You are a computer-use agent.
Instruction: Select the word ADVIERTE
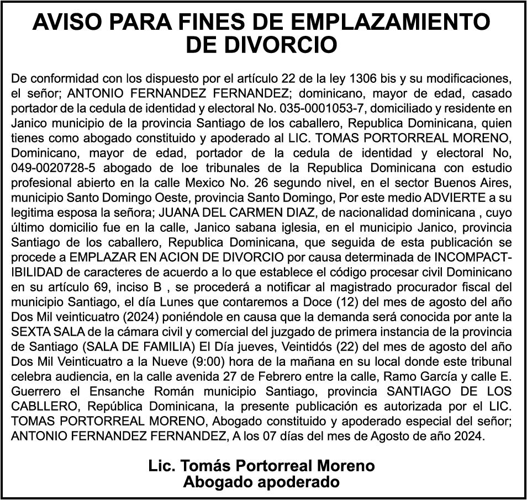point(436,197)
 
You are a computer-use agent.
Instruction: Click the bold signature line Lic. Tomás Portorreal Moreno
point(262,465)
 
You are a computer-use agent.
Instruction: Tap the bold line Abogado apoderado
point(262,482)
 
